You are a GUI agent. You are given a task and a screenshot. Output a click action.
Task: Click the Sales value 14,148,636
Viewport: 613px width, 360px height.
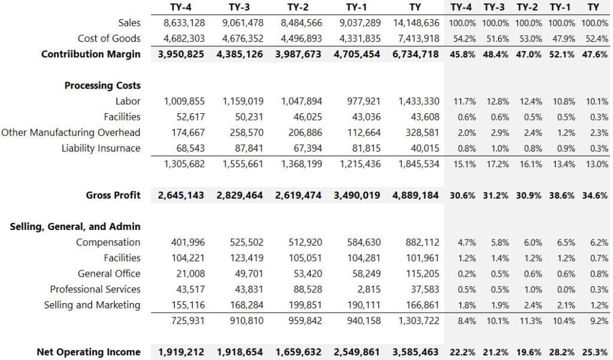[416, 23]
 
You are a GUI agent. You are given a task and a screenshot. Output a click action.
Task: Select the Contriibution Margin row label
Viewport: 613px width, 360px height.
[91, 54]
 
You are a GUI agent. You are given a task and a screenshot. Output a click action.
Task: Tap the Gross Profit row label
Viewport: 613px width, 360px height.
[113, 195]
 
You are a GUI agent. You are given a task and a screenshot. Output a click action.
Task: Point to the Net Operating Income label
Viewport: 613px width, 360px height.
[89, 352]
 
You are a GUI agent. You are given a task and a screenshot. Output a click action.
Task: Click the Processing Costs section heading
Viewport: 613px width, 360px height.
[102, 85]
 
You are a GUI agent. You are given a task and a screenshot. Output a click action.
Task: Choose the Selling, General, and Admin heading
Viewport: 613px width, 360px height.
[75, 226]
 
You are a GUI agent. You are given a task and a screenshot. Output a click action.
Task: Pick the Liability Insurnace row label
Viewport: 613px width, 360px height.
[101, 149]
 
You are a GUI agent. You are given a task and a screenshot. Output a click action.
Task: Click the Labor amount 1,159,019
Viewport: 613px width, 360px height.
[243, 101]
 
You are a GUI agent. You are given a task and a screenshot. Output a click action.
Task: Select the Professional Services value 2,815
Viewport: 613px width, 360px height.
[369, 289]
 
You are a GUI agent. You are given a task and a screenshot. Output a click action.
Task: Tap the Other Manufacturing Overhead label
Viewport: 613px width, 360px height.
[71, 132]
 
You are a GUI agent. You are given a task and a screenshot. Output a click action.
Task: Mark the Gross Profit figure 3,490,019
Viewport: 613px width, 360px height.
[357, 195]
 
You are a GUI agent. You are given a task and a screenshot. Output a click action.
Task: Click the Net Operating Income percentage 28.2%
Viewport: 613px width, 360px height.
[562, 352]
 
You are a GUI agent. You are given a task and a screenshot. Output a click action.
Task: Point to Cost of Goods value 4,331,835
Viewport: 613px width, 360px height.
[360, 39]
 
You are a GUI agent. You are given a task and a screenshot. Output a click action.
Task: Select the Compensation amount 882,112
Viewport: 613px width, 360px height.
[422, 242]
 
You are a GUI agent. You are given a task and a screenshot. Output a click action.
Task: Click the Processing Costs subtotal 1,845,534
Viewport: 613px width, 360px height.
[418, 164]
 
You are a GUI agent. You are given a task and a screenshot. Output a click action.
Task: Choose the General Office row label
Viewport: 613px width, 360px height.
[109, 274]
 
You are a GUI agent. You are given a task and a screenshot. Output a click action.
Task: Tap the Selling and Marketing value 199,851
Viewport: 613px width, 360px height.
[305, 305]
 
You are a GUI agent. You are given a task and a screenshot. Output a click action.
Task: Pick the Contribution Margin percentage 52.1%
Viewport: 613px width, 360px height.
[562, 55]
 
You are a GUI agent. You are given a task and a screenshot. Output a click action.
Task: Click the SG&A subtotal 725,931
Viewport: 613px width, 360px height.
[187, 320]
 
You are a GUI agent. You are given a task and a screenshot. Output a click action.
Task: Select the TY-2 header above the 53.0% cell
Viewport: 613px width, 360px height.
[527, 7]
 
